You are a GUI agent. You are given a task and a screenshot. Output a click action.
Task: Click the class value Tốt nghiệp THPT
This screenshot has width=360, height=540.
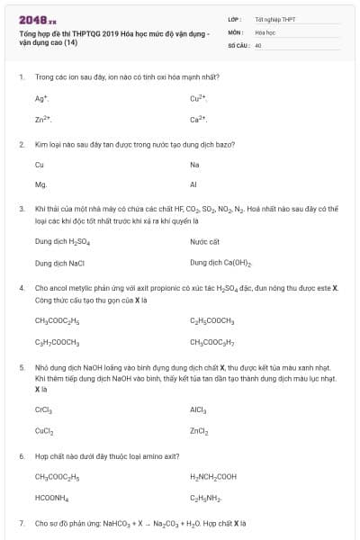pos(274,18)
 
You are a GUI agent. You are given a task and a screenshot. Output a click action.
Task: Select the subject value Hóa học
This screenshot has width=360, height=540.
pos(265,31)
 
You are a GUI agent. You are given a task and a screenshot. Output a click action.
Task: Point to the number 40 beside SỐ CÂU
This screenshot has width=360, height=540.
pos(258,44)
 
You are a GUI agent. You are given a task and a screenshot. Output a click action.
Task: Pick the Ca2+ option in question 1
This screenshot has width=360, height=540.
pos(199,119)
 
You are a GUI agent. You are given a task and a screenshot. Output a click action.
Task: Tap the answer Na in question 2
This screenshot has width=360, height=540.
pos(194,165)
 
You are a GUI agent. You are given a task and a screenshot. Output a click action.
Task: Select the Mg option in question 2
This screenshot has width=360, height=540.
pos(40,184)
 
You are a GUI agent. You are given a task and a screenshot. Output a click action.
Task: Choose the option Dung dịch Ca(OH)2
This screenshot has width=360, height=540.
pos(220,263)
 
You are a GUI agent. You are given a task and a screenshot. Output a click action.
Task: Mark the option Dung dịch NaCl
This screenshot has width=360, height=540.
pos(59,263)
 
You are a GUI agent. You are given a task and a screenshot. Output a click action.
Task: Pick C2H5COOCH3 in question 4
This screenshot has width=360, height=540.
pos(212,320)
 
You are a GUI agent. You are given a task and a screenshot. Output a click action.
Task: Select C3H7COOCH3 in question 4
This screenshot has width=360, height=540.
pos(58,342)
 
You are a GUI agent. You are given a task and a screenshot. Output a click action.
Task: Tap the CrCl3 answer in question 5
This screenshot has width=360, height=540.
pos(43,409)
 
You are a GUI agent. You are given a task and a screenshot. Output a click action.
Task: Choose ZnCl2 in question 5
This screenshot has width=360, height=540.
pos(199,431)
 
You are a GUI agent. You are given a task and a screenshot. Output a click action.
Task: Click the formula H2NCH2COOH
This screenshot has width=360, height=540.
pos(213,477)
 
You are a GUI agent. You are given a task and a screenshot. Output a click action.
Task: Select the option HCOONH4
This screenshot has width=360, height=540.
pos(52,498)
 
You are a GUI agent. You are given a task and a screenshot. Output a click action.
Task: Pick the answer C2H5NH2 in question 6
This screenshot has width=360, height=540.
pos(205,498)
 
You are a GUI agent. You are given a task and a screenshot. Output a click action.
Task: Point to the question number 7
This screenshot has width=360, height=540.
pos(21,523)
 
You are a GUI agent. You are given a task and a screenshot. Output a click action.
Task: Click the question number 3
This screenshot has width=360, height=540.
pos(21,208)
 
